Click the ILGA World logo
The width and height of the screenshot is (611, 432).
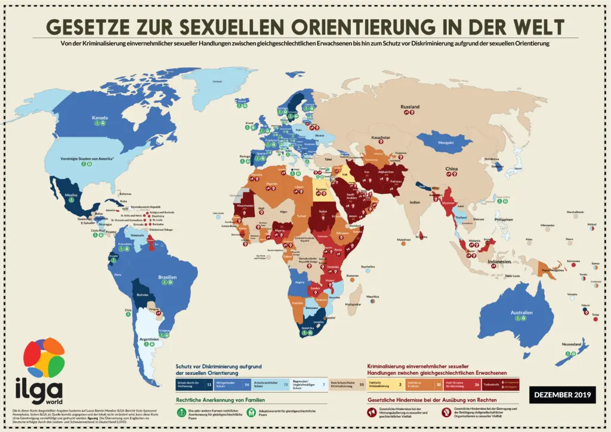tap(43, 370)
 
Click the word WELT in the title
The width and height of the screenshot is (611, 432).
tap(530, 27)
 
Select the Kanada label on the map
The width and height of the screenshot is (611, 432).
tap(100, 118)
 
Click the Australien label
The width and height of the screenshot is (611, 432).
tap(521, 312)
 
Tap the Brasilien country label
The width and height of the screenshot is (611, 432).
tap(167, 277)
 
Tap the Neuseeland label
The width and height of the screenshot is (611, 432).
tap(571, 344)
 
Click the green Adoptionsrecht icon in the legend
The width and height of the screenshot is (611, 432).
tap(252, 411)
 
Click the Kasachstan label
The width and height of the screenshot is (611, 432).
tap(381, 137)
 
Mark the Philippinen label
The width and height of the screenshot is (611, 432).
tap(504, 220)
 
